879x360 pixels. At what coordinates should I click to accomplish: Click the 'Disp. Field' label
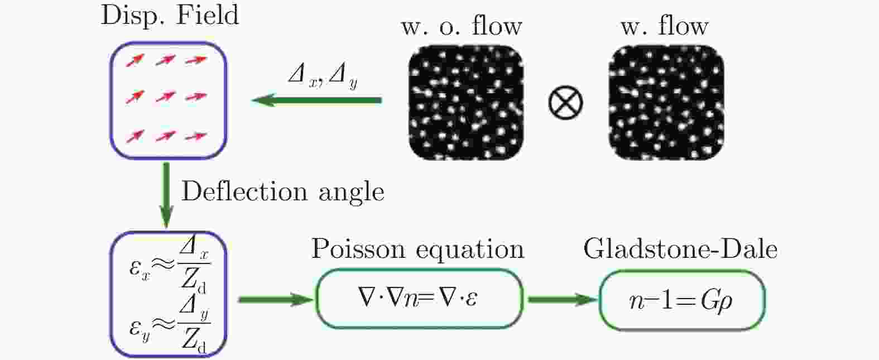pos(170,15)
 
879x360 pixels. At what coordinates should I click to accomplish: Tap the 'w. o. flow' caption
pos(462,26)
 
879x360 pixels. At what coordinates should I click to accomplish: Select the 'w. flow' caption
pos(664,26)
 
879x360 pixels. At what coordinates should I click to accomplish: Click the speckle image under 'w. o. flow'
pos(466,103)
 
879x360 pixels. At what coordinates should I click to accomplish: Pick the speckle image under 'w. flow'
pos(666,103)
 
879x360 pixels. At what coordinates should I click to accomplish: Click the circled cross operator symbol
pos(566,103)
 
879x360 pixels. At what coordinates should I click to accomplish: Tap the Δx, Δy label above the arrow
pos(323,76)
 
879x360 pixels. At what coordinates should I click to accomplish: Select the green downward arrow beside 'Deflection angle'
pos(166,195)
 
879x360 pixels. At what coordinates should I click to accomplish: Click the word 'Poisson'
pos(354,249)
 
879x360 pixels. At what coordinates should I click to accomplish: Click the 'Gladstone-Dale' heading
pos(680,249)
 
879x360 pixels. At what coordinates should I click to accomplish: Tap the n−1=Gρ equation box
pos(681,300)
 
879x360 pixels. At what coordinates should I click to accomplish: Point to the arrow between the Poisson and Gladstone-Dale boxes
pos(561,300)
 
